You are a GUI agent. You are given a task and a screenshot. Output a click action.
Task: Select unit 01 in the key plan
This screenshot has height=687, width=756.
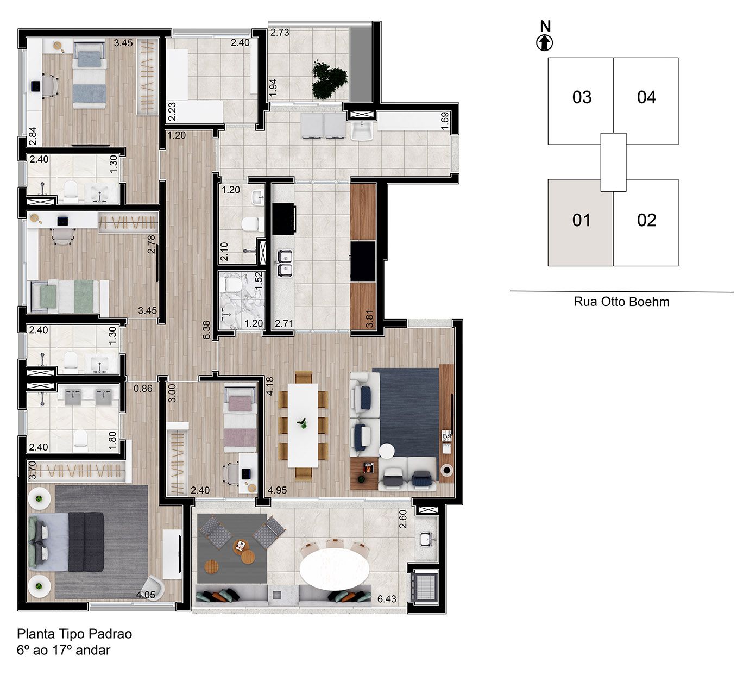[x=581, y=222]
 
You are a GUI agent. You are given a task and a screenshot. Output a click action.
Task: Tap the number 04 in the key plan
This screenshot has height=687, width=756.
[x=646, y=98]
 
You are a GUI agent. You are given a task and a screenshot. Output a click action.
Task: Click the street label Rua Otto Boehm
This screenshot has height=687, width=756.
[x=621, y=302]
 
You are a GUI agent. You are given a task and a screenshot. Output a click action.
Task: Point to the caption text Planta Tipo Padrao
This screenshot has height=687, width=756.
[x=74, y=634]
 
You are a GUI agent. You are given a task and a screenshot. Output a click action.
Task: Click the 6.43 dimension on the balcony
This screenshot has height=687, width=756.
[x=387, y=599]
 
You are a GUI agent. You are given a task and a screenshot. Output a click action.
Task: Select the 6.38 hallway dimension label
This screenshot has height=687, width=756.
[x=206, y=330]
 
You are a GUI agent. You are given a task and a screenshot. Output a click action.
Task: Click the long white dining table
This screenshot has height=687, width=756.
[x=303, y=424]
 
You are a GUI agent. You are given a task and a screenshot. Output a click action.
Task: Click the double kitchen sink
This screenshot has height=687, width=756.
[x=284, y=263]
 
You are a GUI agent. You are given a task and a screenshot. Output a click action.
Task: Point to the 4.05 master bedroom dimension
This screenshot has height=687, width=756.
[x=146, y=595]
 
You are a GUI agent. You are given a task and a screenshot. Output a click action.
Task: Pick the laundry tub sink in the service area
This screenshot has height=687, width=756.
[x=361, y=130]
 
